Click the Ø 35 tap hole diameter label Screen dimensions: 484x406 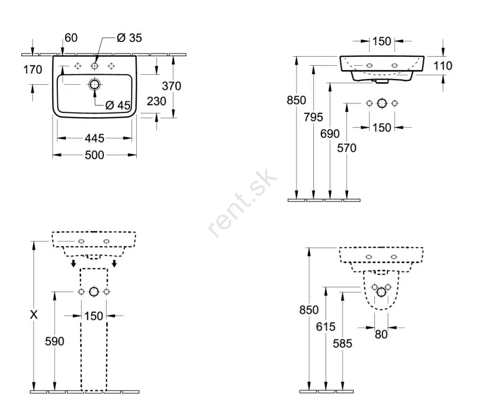pyautogui.click(x=129, y=38)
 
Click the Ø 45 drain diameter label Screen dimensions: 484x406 pyautogui.click(x=118, y=105)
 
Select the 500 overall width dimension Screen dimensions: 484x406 pyautogui.click(x=94, y=155)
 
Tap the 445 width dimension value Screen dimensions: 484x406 pyautogui.click(x=94, y=138)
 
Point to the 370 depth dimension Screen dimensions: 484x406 pyautogui.click(x=171, y=86)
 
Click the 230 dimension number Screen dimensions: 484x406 pyautogui.click(x=156, y=101)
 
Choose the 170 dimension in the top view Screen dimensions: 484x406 pyautogui.click(x=33, y=70)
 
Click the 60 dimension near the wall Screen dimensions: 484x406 pyautogui.click(x=71, y=38)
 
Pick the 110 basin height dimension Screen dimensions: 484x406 pyautogui.click(x=443, y=66)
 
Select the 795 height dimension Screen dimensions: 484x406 pyautogui.click(x=313, y=117)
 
